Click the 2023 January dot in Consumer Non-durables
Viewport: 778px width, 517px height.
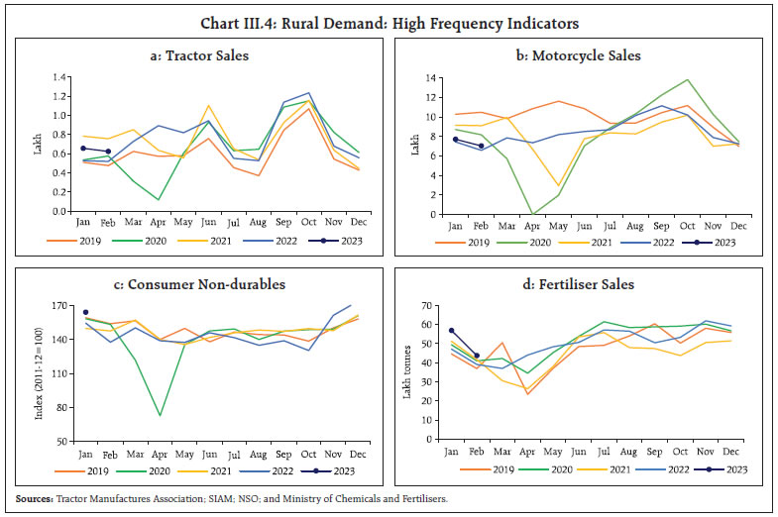click(85, 312)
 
